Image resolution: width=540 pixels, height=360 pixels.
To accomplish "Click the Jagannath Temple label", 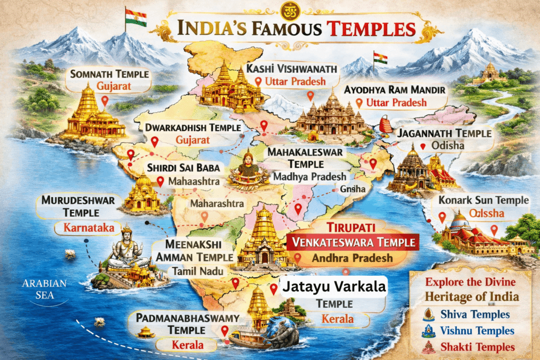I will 446,133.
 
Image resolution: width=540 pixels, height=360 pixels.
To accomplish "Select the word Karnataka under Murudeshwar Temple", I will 85,229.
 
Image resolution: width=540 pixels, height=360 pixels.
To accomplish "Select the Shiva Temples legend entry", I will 480,315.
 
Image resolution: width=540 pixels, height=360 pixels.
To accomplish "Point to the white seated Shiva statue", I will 125,249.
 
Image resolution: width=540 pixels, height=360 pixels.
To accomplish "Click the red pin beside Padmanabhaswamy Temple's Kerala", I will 225,331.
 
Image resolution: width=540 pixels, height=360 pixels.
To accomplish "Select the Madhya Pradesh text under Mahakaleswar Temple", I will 311,177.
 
